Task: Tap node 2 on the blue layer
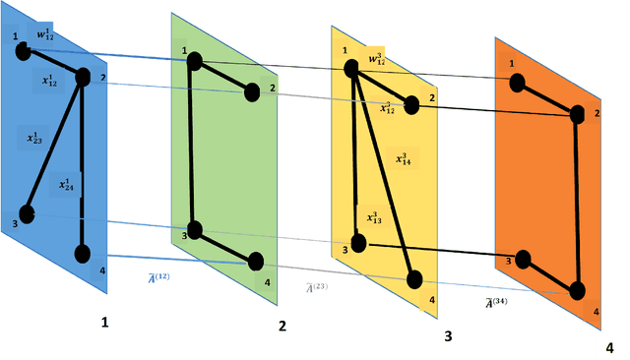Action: pos(83,77)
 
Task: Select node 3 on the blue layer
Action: pos(29,213)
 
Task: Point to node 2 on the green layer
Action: pos(252,92)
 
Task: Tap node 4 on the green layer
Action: pos(256,262)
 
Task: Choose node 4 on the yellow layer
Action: pos(416,280)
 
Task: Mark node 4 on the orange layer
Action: pos(577,290)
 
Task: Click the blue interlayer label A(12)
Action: pos(157,278)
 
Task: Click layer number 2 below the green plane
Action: pos(282,326)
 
